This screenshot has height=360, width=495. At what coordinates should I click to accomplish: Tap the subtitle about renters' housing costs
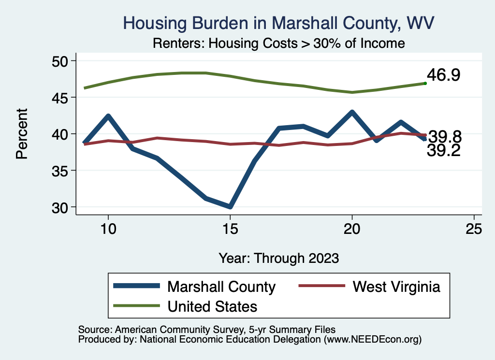pyautogui.click(x=278, y=43)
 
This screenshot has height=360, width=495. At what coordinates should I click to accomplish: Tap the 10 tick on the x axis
pyautogui.click(x=108, y=229)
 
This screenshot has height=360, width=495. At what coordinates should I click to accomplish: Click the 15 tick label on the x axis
pyautogui.click(x=230, y=229)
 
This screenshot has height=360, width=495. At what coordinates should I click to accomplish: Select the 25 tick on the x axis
pyautogui.click(x=474, y=229)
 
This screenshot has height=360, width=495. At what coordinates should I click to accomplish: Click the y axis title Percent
pyautogui.click(x=21, y=134)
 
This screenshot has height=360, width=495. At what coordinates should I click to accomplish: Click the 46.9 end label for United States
pyautogui.click(x=443, y=75)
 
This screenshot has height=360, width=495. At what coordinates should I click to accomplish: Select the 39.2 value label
pyautogui.click(x=443, y=151)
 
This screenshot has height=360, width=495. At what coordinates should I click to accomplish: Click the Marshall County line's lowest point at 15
pyautogui.click(x=230, y=207)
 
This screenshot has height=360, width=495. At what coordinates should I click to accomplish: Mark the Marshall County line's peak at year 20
pyautogui.click(x=352, y=113)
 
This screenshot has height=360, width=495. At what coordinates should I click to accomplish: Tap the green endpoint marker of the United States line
pyautogui.click(x=425, y=84)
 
